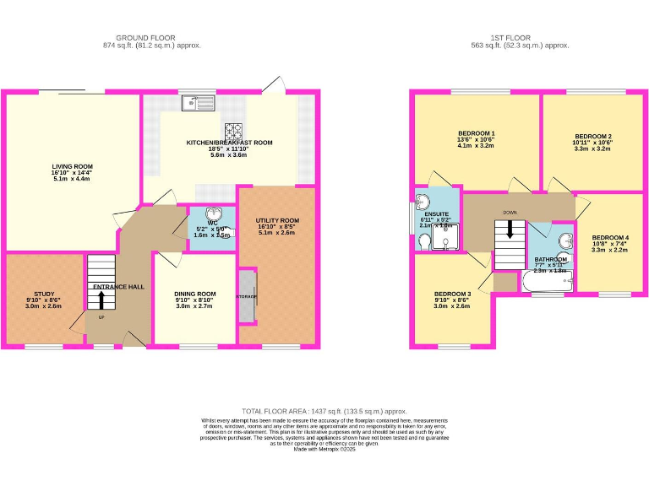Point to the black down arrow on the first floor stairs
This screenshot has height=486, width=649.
[x=510, y=229]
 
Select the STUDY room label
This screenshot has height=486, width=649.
[x=44, y=294]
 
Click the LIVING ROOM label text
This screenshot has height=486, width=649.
[x=72, y=167]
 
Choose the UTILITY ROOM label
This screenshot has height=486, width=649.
[x=277, y=221]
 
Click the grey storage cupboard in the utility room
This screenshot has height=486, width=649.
[x=246, y=297]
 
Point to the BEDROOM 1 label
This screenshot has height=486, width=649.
[x=477, y=133]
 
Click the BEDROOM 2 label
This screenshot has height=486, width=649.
[x=592, y=137]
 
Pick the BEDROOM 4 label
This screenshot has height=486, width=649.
[x=610, y=237]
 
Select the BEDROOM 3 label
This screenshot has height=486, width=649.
[x=451, y=294]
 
